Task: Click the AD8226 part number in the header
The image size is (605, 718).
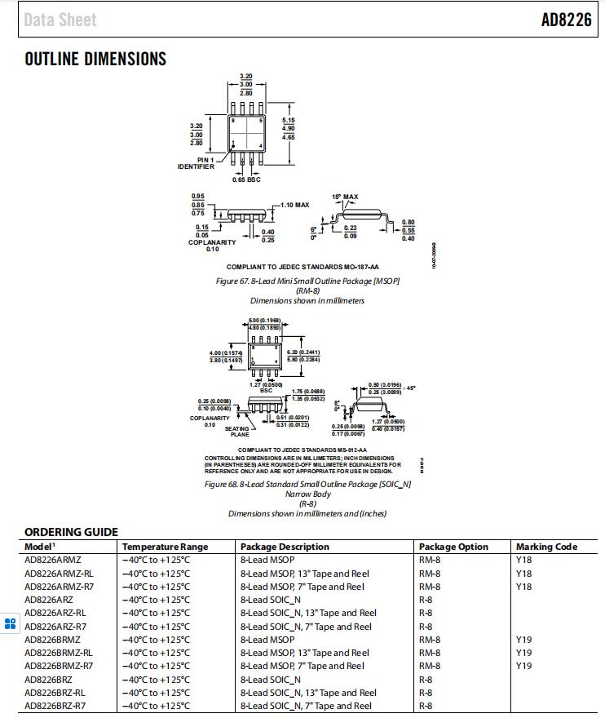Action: click(x=566, y=20)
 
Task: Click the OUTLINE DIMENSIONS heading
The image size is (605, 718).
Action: click(x=95, y=59)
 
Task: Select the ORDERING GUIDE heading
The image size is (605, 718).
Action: click(x=71, y=532)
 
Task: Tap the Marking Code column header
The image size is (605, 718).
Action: click(x=546, y=547)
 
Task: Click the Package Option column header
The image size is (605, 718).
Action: click(x=453, y=547)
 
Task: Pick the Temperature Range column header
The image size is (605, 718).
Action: click(x=165, y=547)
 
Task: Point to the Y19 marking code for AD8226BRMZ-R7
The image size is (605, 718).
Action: click(x=523, y=666)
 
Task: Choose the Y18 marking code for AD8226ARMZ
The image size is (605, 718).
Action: click(x=523, y=561)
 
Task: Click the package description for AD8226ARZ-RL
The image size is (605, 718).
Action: click(x=308, y=613)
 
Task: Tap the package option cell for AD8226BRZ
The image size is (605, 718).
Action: click(x=426, y=680)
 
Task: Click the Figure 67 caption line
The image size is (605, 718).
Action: click(x=307, y=281)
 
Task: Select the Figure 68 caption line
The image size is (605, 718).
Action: click(x=307, y=484)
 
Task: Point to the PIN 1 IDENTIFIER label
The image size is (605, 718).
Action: click(x=197, y=163)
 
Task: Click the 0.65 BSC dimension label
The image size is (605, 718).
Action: click(x=246, y=179)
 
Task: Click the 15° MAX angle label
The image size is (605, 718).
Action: click(x=345, y=197)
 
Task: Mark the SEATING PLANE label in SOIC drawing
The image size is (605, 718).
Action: click(x=238, y=432)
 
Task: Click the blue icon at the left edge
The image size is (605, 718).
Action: click(x=10, y=624)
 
